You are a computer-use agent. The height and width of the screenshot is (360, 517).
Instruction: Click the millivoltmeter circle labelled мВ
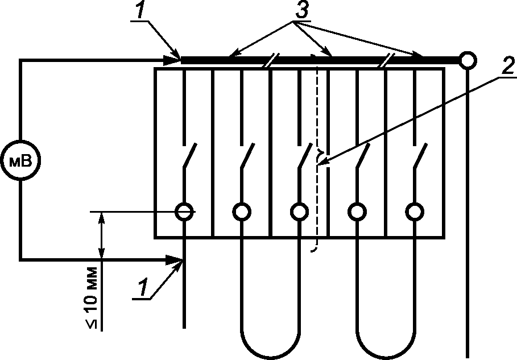click(x=20, y=160)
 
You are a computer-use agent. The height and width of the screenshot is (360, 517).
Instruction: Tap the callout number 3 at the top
click(x=301, y=10)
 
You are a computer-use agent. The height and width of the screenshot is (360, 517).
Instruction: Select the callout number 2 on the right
click(x=508, y=65)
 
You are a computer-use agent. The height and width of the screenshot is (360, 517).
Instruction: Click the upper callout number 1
click(x=141, y=9)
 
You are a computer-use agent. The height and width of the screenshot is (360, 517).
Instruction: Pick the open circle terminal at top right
click(x=468, y=60)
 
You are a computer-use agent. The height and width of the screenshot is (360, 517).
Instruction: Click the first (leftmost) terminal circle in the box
click(x=184, y=212)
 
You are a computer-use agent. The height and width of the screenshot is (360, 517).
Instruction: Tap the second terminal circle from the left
click(x=242, y=212)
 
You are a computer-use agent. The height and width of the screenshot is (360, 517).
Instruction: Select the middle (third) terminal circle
click(x=299, y=212)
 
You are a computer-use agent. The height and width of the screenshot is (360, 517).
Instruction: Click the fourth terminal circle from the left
click(x=357, y=212)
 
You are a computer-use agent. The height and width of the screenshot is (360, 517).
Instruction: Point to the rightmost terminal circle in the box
click(x=415, y=212)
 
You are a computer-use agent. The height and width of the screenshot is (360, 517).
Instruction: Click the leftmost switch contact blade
click(x=190, y=156)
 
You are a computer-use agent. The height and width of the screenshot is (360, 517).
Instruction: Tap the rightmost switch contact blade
click(x=421, y=156)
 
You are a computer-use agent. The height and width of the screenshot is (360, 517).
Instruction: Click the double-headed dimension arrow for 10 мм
click(x=102, y=235)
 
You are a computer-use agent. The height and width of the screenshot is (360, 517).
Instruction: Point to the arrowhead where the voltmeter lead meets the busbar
click(x=172, y=60)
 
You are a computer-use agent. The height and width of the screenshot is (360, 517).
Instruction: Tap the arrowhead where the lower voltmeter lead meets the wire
click(x=174, y=260)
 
